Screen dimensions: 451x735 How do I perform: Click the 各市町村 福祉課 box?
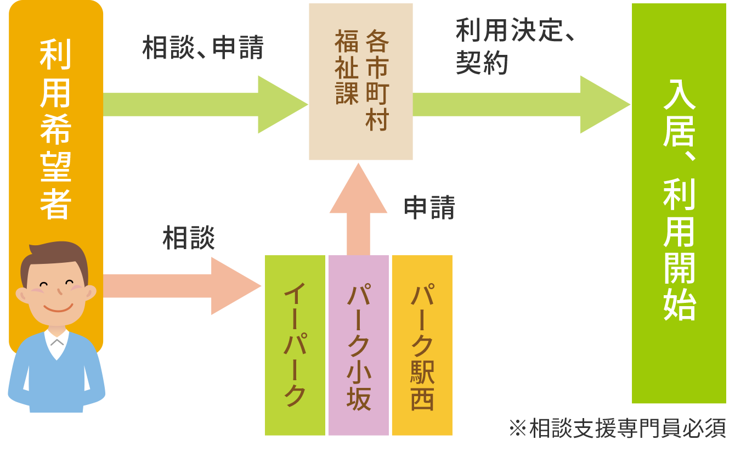tap(360, 81)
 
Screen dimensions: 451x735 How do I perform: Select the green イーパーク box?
tap(295, 345)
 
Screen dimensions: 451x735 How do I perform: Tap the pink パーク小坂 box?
tap(359, 345)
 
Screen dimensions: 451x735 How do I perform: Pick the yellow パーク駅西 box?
tap(422, 345)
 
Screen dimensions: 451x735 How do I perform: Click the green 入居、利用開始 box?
tap(679, 203)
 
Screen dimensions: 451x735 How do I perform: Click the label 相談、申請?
tap(203, 48)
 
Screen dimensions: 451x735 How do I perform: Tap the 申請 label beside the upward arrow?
tap(429, 208)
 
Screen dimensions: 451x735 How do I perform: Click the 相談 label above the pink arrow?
tap(188, 239)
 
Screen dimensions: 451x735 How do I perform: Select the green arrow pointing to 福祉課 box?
tap(206, 104)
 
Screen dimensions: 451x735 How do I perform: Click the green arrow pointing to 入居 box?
tap(521, 104)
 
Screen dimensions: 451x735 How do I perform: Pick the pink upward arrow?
tap(358, 208)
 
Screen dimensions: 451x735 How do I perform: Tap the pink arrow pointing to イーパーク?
tap(181, 286)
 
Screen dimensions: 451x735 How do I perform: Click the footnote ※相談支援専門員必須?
tap(618, 429)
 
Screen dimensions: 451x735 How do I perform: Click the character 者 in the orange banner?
tap(55, 204)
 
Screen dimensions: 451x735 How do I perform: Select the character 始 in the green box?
tap(679, 303)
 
